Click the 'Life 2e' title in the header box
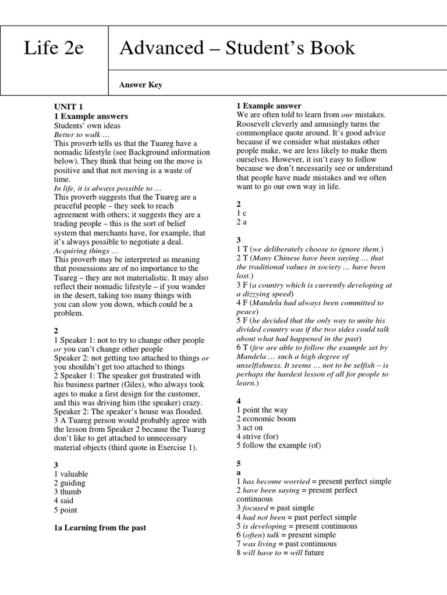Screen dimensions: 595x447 54,48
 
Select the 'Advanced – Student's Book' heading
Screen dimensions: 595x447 237,48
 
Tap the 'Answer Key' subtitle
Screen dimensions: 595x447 140,85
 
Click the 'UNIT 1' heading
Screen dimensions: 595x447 69,107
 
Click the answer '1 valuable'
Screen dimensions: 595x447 71,474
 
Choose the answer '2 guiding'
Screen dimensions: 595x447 70,483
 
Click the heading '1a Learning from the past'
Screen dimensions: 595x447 100,528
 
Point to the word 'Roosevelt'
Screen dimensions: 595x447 256,124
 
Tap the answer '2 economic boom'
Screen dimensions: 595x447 266,419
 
